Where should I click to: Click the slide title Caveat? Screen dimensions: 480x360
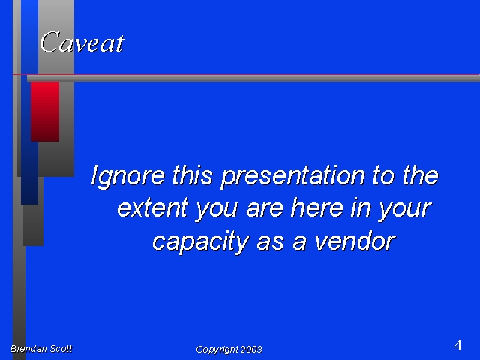[82, 42]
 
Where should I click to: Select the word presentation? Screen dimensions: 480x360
[293, 177]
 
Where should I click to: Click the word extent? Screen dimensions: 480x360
[152, 208]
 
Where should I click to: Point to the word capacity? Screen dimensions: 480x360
[200, 241]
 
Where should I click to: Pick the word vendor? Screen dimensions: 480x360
[355, 241]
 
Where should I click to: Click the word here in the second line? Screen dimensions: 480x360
[317, 208]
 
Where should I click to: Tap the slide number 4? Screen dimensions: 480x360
[458, 345]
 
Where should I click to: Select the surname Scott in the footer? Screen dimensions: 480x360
[61, 348]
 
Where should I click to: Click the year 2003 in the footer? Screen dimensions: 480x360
[251, 349]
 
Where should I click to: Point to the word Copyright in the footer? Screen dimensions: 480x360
[217, 349]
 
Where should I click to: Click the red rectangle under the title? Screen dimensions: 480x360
[45, 112]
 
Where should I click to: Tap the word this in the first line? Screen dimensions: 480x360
[192, 175]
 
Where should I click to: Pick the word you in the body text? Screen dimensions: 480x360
[217, 210]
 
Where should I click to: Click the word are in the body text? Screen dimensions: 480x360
[265, 208]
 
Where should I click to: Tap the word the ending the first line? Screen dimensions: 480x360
[420, 175]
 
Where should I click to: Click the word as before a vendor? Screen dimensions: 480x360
[270, 241]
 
